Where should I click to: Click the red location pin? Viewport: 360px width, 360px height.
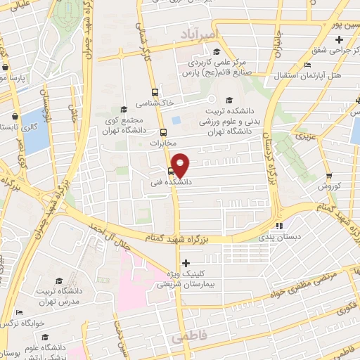[x=181, y=165]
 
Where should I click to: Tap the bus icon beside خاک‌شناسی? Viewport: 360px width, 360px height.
[x=155, y=92]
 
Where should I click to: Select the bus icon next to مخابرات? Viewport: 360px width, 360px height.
[x=163, y=131]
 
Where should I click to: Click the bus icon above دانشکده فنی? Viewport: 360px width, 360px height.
[x=171, y=171]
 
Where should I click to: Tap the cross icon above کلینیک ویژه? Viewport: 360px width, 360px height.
[x=186, y=263]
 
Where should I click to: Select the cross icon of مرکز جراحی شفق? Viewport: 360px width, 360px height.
[x=340, y=39]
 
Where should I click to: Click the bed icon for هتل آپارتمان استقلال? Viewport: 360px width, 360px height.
[x=307, y=65]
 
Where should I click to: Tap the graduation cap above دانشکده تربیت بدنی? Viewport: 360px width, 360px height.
[x=229, y=98]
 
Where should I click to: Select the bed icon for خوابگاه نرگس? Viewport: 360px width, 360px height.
[x=20, y=313]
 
